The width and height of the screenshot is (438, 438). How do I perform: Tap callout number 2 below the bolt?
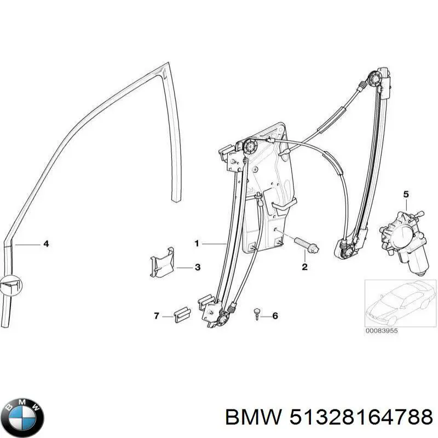[305, 267]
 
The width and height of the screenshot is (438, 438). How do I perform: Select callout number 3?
[197, 268]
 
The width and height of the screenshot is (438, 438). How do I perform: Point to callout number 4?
[46, 244]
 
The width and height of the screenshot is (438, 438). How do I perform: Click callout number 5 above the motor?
[406, 194]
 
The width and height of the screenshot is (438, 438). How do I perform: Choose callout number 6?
[275, 316]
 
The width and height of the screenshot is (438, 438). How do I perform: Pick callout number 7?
[156, 316]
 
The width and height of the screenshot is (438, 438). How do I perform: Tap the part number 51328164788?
[359, 418]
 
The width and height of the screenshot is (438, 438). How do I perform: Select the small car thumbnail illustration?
[400, 302]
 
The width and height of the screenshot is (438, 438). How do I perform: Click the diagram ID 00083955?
[383, 331]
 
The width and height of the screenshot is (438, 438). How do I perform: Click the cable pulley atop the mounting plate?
[252, 147]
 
